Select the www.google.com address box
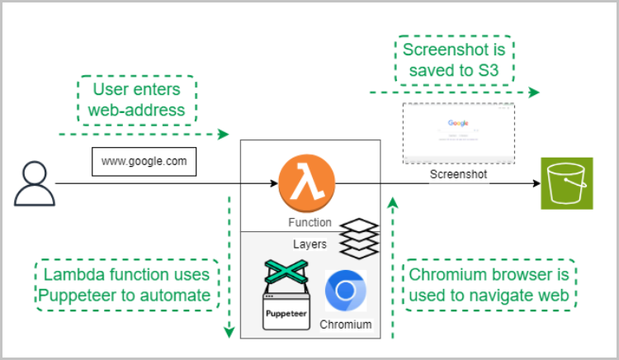click(144, 162)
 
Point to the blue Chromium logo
click(346, 291)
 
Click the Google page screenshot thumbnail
click(458, 134)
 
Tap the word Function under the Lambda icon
click(309, 222)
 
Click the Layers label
click(309, 244)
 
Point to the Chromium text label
click(346, 324)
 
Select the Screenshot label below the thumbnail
click(458, 175)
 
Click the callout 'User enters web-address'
click(138, 98)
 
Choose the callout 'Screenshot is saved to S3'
click(453, 59)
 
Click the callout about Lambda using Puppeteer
click(127, 284)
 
